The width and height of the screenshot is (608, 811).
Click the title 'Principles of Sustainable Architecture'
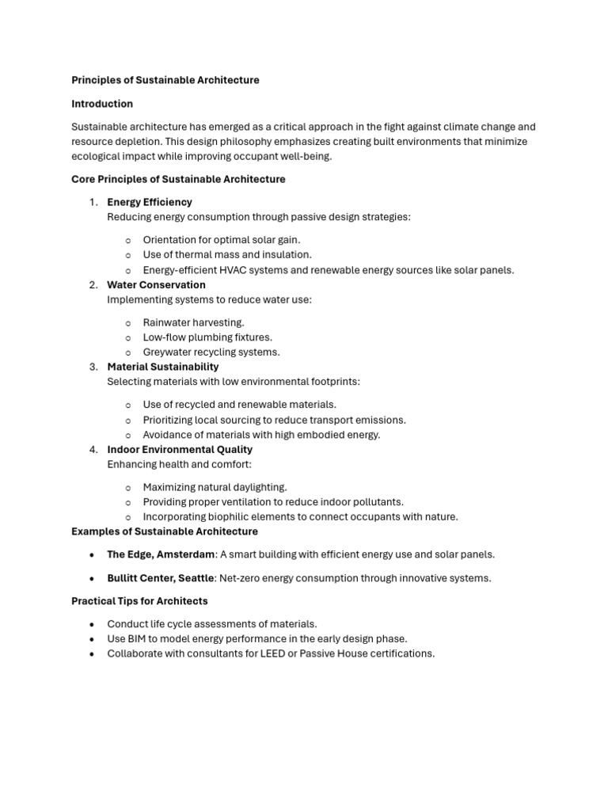click(x=165, y=80)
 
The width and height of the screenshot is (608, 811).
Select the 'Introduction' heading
click(x=102, y=104)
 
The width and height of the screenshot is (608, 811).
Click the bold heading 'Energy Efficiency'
click(x=150, y=202)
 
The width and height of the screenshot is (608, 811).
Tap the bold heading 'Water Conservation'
click(x=156, y=284)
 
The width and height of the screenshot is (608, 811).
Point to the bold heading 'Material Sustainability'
click(x=163, y=367)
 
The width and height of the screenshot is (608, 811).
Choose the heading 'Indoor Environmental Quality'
click(x=180, y=449)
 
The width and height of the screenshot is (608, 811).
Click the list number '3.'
click(x=93, y=367)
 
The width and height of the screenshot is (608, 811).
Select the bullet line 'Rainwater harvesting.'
click(x=193, y=322)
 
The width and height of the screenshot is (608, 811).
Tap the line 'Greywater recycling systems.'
click(x=211, y=352)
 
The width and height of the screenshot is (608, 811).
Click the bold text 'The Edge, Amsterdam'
click(x=161, y=554)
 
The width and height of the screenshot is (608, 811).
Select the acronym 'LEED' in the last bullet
click(x=313, y=653)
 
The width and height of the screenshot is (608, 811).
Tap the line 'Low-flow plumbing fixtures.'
click(x=207, y=337)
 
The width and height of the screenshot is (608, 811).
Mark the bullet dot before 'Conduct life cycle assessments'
click(x=93, y=624)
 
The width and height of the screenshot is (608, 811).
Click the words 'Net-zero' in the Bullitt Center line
click(x=240, y=578)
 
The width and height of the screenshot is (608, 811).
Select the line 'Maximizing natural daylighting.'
click(x=215, y=487)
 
